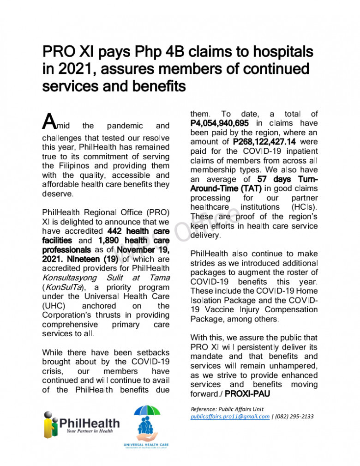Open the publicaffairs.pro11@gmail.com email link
click(230, 417)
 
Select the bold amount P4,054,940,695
click(220, 123)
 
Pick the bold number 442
click(115, 231)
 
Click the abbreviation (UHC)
click(55, 306)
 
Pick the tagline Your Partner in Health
click(89, 431)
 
